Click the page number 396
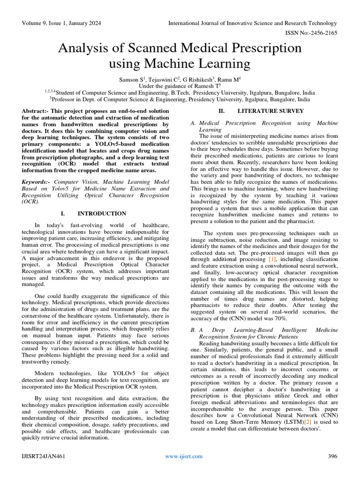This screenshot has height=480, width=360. tap(332, 456)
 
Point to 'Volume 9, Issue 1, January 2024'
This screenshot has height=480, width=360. tap(64, 23)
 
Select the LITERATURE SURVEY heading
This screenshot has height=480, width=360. tap(270, 111)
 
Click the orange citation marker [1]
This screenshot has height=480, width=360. tap(272, 259)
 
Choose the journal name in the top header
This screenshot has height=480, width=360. tap(252, 23)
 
